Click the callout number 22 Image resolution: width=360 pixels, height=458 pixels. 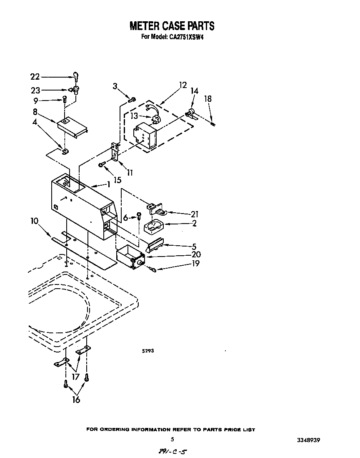coord(35,77)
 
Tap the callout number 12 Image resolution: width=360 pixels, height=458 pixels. coord(182,86)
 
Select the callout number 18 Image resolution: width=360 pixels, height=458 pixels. coord(208,99)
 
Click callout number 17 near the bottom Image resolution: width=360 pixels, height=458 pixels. coord(75,377)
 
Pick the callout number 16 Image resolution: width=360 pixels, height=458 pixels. coord(75,400)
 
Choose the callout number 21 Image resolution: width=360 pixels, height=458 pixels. coord(194,214)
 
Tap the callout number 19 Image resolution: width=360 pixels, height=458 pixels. coord(195,263)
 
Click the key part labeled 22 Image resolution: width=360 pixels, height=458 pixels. coord(76,76)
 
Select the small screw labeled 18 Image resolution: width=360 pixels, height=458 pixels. coord(213,123)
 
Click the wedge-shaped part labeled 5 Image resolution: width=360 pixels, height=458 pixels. coord(155,245)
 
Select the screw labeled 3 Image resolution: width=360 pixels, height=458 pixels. coord(132,99)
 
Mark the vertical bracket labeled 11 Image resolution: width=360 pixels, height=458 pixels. coord(114,152)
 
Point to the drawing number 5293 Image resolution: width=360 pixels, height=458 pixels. coord(148,351)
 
